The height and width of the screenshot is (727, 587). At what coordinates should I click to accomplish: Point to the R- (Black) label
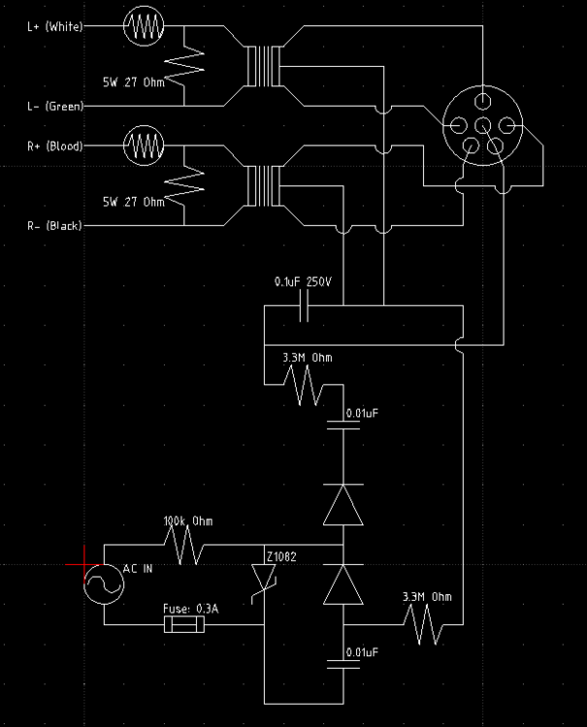54,226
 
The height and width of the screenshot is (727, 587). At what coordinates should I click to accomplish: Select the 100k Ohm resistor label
188,522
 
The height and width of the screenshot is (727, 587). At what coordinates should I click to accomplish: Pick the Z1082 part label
281,555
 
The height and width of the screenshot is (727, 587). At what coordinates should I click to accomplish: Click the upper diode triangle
344,504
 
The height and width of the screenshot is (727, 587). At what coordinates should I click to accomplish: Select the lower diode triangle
344,585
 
